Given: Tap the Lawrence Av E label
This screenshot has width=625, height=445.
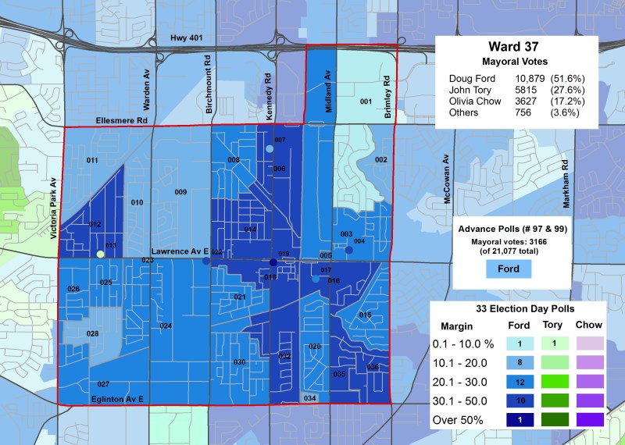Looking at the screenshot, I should [x=180, y=251].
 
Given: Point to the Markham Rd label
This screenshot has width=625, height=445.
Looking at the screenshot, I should [x=565, y=185].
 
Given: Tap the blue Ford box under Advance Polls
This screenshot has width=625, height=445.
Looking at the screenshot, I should [x=508, y=269].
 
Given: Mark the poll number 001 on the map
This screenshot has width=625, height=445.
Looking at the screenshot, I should [x=365, y=102].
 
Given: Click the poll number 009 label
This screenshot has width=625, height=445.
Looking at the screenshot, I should [x=180, y=192].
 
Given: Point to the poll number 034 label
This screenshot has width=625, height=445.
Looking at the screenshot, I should [x=310, y=398].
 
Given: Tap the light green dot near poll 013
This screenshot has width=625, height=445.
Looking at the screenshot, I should [x=100, y=254].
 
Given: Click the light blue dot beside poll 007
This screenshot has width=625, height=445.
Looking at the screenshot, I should [x=270, y=149].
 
